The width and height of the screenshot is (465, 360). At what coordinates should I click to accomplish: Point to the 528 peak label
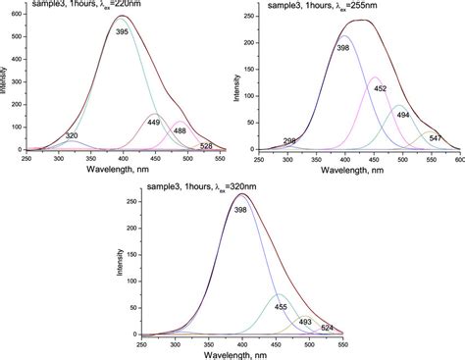(206, 145)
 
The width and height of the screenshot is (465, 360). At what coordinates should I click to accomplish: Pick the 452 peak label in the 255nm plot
(379, 88)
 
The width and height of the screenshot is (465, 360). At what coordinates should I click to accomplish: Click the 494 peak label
(403, 114)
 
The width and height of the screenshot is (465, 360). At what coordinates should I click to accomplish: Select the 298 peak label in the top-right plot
(289, 142)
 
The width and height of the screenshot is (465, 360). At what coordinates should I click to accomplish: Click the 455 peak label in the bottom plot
(281, 306)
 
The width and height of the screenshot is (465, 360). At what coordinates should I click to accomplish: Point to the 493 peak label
(305, 321)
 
